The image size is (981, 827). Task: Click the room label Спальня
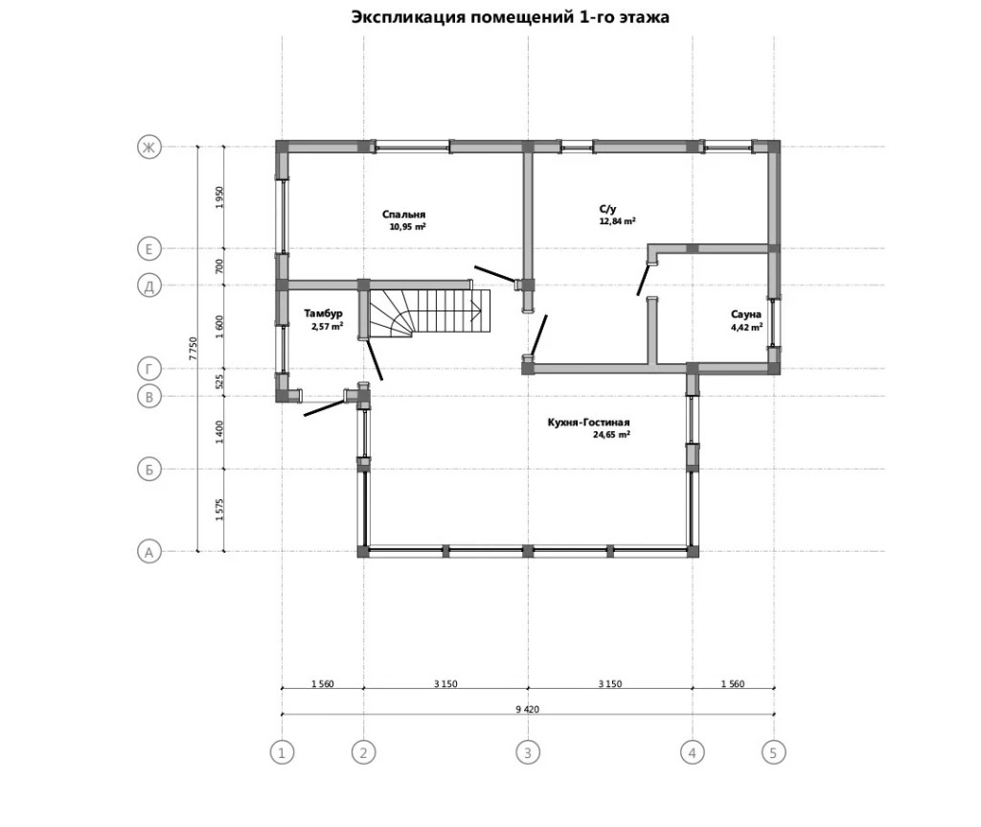click(x=403, y=214)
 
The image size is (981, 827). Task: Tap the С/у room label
click(x=607, y=209)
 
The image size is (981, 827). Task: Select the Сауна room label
click(x=745, y=314)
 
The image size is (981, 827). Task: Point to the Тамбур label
click(x=323, y=313)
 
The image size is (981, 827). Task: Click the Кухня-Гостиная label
click(x=588, y=423)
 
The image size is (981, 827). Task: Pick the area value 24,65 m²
click(x=611, y=434)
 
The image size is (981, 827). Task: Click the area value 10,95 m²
click(x=407, y=226)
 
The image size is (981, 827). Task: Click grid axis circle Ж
click(x=148, y=148)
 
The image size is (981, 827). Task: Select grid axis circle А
click(x=148, y=552)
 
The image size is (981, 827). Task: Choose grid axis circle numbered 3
click(x=528, y=752)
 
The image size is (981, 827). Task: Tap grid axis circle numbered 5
click(x=773, y=752)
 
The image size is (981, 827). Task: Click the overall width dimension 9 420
click(x=527, y=709)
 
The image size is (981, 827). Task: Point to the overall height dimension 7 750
click(x=193, y=349)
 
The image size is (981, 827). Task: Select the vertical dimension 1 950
click(x=218, y=197)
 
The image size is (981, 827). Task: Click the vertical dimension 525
click(x=219, y=382)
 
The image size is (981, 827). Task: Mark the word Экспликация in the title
click(x=408, y=17)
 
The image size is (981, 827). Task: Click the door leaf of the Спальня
click(x=495, y=274)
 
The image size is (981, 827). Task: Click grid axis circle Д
click(x=148, y=287)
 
